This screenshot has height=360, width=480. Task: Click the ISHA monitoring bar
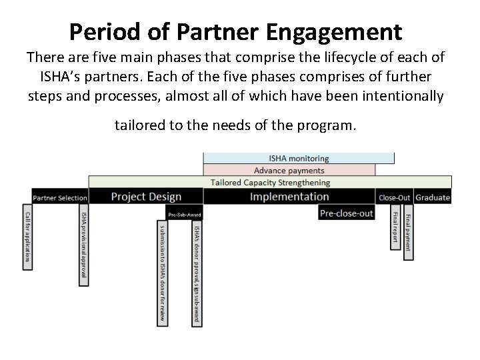tap(299, 159)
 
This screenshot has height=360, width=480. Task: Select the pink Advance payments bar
tap(289, 170)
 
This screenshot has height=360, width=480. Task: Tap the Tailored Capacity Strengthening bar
tap(270, 182)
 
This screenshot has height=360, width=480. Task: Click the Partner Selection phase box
tap(60, 197)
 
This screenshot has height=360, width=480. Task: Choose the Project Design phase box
tap(145, 197)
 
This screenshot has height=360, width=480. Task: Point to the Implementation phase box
tap(289, 197)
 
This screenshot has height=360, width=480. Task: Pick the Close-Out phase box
tap(394, 197)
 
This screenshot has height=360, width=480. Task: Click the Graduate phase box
tap(433, 197)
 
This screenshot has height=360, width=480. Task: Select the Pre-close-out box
tap(346, 213)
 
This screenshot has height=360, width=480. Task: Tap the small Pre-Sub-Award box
tap(184, 215)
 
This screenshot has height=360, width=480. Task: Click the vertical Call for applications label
tap(27, 237)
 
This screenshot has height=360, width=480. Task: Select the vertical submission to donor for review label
tap(163, 273)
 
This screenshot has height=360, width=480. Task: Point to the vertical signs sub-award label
tap(196, 273)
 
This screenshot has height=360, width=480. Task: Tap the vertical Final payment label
tap(408, 231)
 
